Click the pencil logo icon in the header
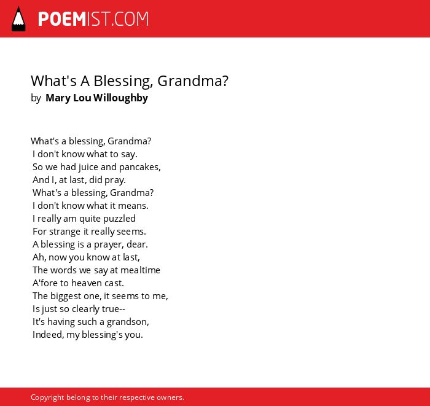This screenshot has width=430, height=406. tap(18, 19)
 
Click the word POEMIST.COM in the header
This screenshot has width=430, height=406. tap(93, 19)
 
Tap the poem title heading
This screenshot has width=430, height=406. tap(130, 81)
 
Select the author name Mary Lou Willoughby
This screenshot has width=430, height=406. tap(97, 98)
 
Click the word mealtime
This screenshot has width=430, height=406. tap(140, 270)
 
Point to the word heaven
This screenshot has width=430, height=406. tap(87, 283)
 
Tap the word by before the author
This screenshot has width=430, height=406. tap(36, 98)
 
